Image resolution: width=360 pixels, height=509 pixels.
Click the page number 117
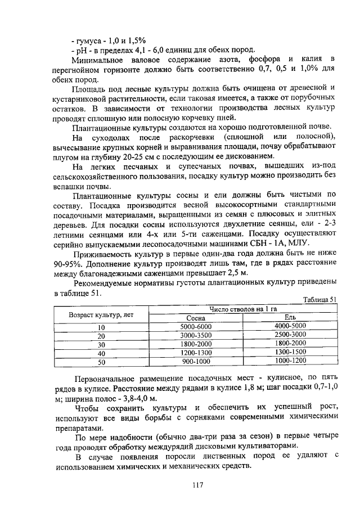click(x=196, y=485)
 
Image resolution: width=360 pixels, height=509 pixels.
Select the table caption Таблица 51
click(x=319, y=300)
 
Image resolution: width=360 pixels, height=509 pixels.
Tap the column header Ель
click(x=290, y=318)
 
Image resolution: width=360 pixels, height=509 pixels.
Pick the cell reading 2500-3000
click(x=290, y=335)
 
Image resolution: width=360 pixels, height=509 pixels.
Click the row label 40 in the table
click(x=101, y=353)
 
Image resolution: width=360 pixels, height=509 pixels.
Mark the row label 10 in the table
click(x=101, y=327)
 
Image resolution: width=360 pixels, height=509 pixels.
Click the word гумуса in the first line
click(x=92, y=40)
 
